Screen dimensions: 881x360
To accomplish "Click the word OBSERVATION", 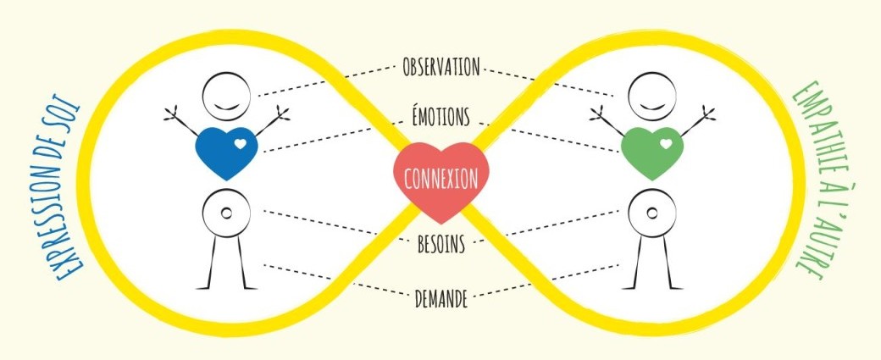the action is click(x=441, y=67).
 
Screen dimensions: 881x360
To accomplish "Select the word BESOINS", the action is click(x=441, y=244).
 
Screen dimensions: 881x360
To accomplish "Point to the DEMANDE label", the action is click(x=441, y=299).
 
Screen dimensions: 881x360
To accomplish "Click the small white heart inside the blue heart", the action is click(x=241, y=144).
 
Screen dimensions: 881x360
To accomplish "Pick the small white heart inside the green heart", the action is click(x=667, y=144).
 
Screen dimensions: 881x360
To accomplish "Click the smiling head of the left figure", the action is click(x=226, y=96).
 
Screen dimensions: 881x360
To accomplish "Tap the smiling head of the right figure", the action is click(x=652, y=96).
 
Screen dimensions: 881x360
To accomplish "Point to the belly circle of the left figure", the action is click(x=226, y=213).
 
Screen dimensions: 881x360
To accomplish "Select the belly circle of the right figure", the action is click(x=652, y=213).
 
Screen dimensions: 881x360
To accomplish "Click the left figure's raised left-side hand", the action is click(x=171, y=114).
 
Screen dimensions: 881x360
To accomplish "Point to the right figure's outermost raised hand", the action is click(x=708, y=113).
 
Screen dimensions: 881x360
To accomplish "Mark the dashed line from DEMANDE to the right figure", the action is click(x=546, y=280).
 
